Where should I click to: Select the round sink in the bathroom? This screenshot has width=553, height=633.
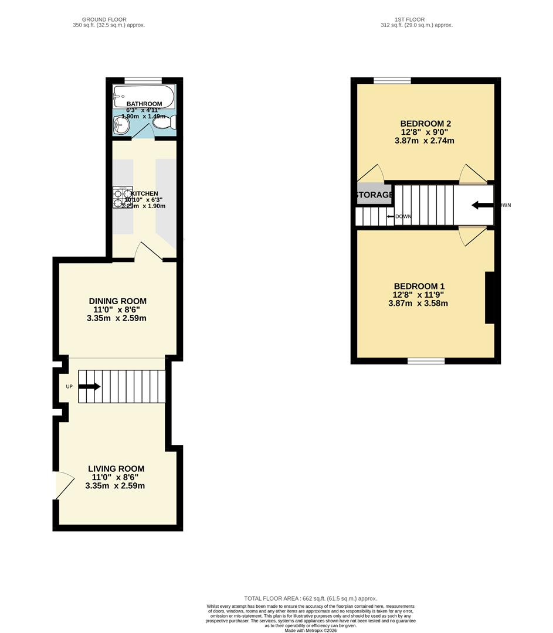tap(122, 124)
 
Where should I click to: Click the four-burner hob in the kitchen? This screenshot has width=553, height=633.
tap(123, 198)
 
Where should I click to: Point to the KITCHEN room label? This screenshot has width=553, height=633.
tap(144, 193)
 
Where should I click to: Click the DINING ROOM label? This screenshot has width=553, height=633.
tap(117, 301)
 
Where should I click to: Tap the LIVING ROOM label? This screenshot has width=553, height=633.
tap(116, 469)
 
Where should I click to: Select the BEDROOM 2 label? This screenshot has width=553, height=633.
tap(425, 124)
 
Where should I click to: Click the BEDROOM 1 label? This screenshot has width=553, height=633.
tap(419, 286)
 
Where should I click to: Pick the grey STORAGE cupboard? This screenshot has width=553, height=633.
tap(374, 195)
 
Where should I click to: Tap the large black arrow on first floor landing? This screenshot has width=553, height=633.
tap(483, 205)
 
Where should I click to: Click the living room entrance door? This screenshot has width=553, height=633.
tap(63, 485)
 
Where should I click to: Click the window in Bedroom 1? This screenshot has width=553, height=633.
tap(426, 361)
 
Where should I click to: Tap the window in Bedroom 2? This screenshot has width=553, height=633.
tap(392, 81)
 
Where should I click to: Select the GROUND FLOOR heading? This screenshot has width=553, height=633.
tap(104, 19)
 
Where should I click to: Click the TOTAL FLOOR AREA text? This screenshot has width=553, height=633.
tap(310, 598)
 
